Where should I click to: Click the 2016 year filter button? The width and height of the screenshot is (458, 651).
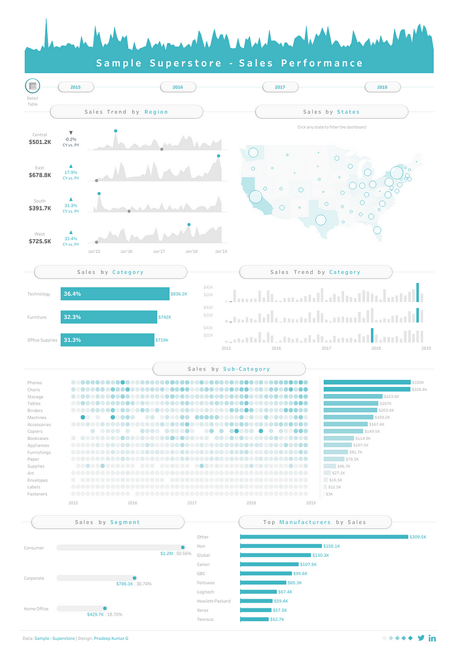point(178,87)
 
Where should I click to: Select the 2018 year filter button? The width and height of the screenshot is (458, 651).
point(382,87)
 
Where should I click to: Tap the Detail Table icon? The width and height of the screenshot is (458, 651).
point(33,86)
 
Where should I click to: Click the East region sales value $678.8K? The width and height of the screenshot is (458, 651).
point(40,175)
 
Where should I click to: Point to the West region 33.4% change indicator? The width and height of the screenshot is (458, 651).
point(71,239)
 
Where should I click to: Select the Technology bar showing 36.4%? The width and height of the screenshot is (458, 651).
point(114,294)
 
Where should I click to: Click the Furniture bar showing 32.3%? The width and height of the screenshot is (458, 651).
point(109,317)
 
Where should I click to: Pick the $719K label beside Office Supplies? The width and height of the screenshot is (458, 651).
point(162,340)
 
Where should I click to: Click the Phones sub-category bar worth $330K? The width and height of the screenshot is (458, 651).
point(366,382)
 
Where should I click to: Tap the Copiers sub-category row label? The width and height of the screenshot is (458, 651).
point(35,431)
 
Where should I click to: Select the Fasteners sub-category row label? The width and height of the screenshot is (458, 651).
point(37,494)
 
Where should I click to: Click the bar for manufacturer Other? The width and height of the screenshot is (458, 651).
point(324,537)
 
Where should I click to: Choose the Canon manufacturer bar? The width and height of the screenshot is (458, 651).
point(269,564)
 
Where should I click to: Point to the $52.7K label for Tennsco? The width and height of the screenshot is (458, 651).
point(279,619)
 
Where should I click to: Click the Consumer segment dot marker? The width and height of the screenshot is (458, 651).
point(183,548)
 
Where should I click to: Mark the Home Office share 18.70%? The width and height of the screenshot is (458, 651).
point(115,614)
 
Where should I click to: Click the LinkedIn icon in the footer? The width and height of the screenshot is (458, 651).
point(432,637)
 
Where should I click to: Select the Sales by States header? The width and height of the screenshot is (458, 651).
point(331,112)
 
